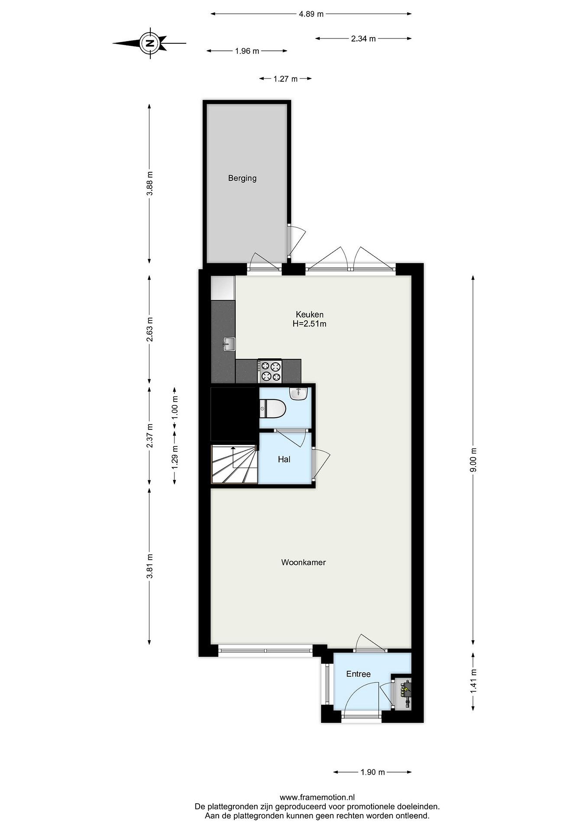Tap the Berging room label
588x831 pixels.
pos(242,178)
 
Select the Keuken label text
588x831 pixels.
pos(309,314)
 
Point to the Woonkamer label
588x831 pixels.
pos(303,562)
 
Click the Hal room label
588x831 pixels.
pos(284,459)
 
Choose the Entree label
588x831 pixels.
pos(359,674)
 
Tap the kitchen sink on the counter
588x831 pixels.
pos(229,344)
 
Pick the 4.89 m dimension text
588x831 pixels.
pos(311,14)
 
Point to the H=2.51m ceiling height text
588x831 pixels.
pos(309,324)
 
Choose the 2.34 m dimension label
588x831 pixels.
pos(363,39)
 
